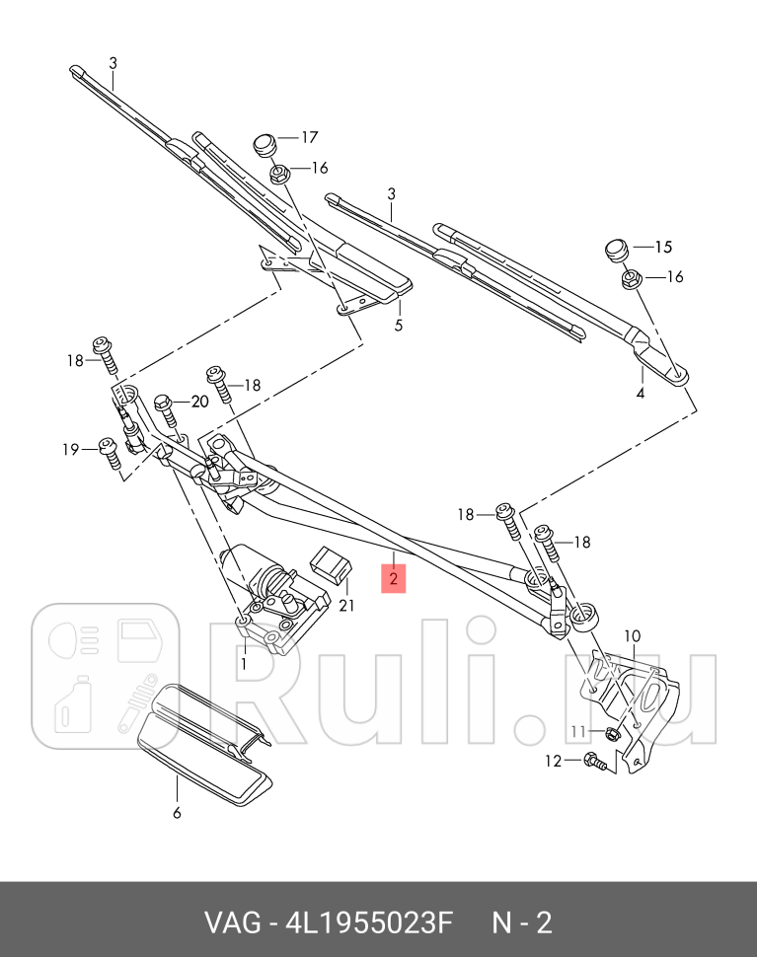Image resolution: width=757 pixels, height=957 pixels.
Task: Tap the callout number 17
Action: [x=310, y=138]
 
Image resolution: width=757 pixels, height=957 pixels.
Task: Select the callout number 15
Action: [x=662, y=247]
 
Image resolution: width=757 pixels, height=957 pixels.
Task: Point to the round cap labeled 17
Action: [x=264, y=144]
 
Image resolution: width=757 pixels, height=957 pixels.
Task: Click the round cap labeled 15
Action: [x=615, y=249]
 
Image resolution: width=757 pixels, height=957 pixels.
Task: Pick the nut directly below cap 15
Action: [x=632, y=279]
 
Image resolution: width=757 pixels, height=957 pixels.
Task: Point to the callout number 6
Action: [x=178, y=813]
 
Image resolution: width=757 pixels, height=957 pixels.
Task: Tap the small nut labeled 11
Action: [x=611, y=732]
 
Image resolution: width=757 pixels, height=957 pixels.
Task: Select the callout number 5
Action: [x=399, y=325]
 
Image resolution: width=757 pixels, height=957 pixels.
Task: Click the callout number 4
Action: [x=640, y=393]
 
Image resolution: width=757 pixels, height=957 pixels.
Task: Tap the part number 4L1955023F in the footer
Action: [x=368, y=923]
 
